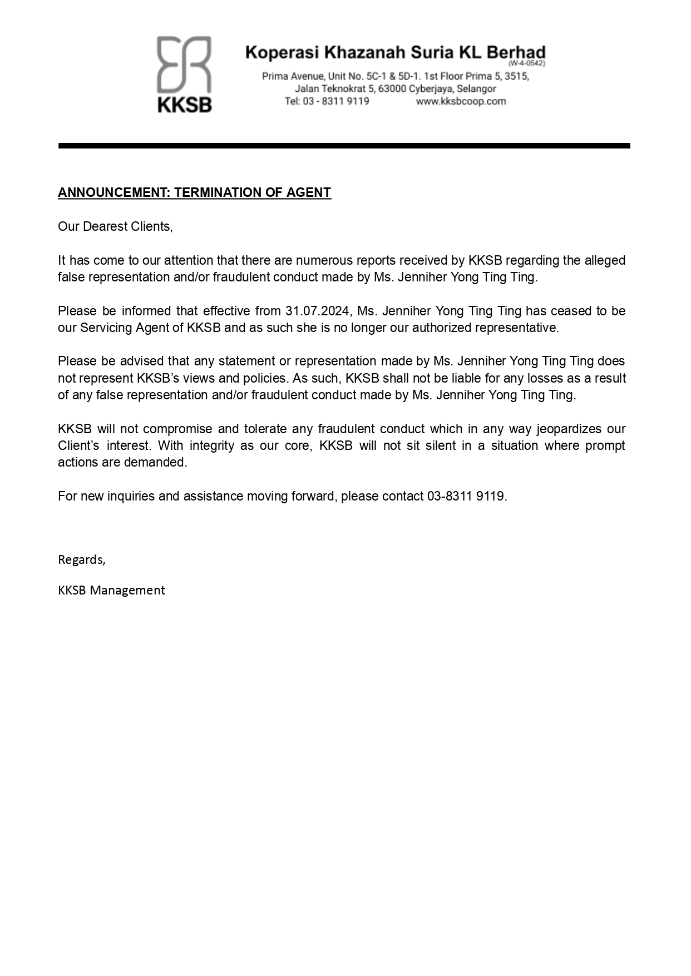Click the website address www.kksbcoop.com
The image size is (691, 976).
[x=461, y=101]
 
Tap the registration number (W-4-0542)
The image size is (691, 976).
[x=526, y=63]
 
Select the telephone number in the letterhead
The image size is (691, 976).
[x=327, y=101]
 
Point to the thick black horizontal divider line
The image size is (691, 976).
[x=344, y=146]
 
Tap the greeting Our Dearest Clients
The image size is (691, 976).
[x=115, y=226]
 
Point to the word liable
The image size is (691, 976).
[x=462, y=378]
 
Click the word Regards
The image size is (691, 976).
[x=81, y=559]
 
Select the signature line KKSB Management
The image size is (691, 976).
[x=111, y=590]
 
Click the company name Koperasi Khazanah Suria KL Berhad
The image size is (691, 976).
[x=395, y=53]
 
